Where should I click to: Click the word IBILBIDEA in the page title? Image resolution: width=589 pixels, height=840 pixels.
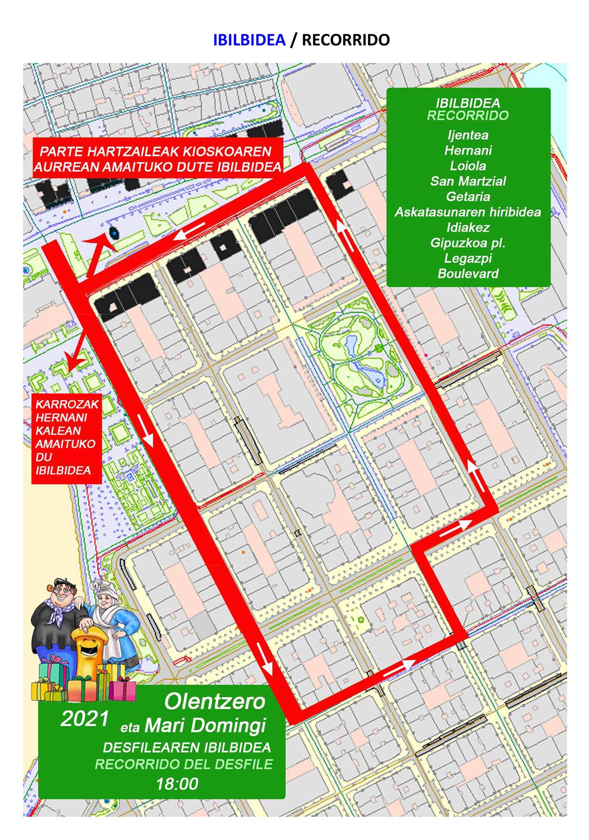pyautogui.click(x=249, y=40)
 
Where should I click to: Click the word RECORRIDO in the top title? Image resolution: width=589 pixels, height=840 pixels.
pyautogui.click(x=346, y=40)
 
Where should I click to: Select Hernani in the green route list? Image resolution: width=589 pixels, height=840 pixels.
pyautogui.click(x=468, y=150)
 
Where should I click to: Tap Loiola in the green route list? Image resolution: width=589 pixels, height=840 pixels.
pyautogui.click(x=468, y=166)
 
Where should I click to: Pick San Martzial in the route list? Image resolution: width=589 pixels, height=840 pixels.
pyautogui.click(x=468, y=181)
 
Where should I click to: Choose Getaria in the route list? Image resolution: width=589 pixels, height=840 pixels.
pyautogui.click(x=468, y=197)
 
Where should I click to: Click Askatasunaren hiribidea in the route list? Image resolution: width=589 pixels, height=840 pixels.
pyautogui.click(x=468, y=212)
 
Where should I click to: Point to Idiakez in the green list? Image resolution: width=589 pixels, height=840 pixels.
pyautogui.click(x=468, y=228)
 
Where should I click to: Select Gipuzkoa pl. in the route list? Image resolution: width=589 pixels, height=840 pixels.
pyautogui.click(x=468, y=243)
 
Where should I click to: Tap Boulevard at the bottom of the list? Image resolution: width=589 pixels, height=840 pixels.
pyautogui.click(x=468, y=274)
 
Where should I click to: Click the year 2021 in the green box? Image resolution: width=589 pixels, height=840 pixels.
pyautogui.click(x=84, y=719)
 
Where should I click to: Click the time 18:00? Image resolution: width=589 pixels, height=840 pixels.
pyautogui.click(x=177, y=784)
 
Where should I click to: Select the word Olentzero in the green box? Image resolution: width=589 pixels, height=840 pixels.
pyautogui.click(x=214, y=702)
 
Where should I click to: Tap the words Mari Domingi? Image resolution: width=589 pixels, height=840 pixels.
pyautogui.click(x=205, y=725)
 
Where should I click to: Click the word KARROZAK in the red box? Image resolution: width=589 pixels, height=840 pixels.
pyautogui.click(x=67, y=404)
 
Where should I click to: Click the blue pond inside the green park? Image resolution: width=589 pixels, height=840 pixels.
pyautogui.click(x=352, y=345)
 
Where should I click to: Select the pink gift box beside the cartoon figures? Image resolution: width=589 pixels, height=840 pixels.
pyautogui.click(x=123, y=689)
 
